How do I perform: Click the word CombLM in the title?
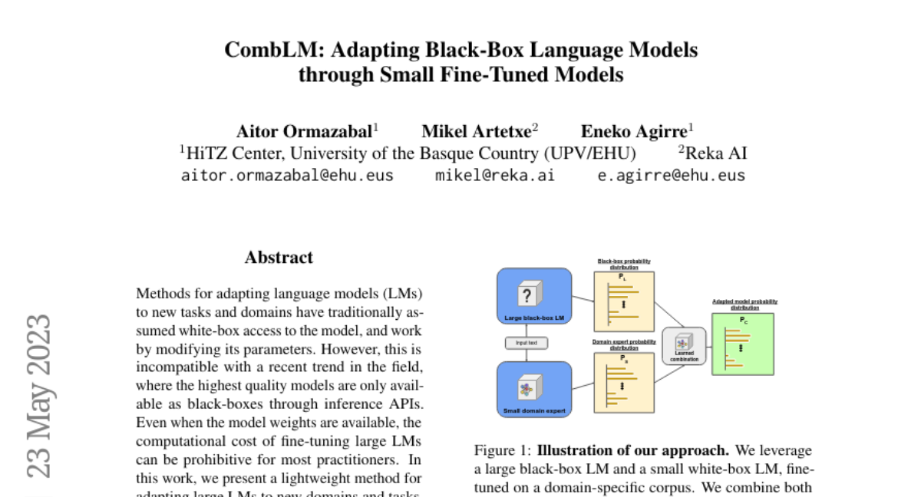tap(264, 50)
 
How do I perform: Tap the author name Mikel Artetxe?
tap(477, 130)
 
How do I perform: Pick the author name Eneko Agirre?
tap(635, 130)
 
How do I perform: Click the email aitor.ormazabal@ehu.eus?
tap(287, 175)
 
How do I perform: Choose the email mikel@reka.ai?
tap(495, 175)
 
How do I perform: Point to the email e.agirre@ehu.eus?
tap(672, 175)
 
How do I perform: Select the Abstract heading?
tap(279, 258)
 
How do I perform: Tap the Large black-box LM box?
tap(534, 296)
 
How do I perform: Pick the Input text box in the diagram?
tap(526, 343)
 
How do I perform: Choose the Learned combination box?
tap(684, 345)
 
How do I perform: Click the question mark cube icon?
tap(527, 294)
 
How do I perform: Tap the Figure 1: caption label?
tap(503, 450)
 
